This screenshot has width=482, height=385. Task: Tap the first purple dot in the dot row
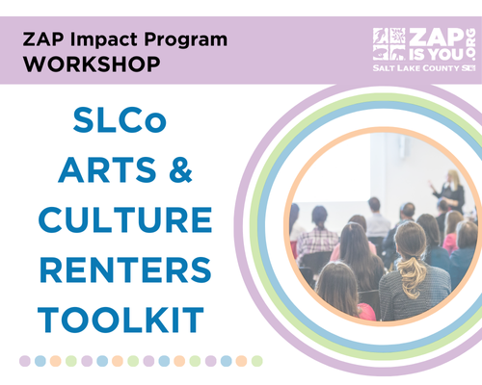(x=25, y=361)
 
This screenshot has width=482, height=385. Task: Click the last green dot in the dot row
(x=256, y=361)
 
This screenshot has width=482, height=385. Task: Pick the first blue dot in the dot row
(x=40, y=361)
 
